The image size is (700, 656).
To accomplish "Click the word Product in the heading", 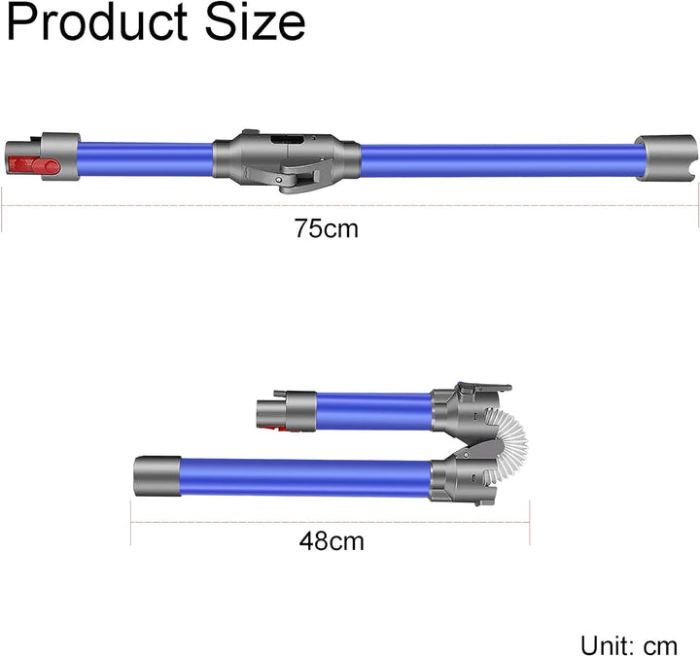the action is tap(97, 22).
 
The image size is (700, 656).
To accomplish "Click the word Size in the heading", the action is tap(255, 22).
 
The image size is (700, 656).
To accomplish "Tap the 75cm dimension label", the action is tap(327, 228).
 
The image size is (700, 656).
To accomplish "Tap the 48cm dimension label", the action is tap(332, 541).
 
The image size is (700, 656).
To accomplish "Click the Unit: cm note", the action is tap(629, 645).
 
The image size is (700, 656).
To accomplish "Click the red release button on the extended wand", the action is tap(34, 166).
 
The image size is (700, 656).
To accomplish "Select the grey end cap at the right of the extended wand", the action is tap(666, 157).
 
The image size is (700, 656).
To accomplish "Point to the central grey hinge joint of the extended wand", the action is tap(287, 159).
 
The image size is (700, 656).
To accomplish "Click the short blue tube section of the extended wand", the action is tap(145, 159).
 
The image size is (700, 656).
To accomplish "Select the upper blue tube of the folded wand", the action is tap(374, 411).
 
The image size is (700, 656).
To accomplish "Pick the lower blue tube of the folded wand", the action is tap(306, 478).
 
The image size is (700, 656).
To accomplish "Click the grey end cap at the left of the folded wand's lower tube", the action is tap(157, 475).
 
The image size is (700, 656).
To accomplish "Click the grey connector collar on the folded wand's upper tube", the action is tap(300, 411).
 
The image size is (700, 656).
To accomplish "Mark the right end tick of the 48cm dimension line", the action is tap(530, 522).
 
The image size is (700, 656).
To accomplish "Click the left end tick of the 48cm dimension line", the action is tap(131, 522).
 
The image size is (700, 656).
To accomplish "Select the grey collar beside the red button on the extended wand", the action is tap(61, 156).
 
